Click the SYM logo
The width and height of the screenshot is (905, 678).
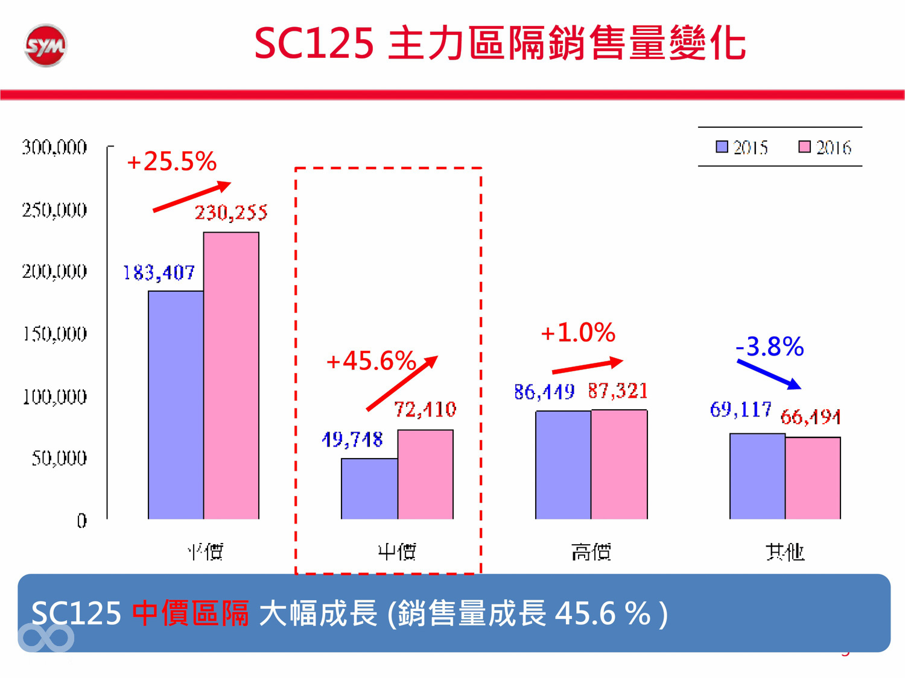[x=45, y=45]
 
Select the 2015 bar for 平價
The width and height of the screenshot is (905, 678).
[x=176, y=405]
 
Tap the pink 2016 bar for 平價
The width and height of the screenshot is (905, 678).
[x=231, y=375]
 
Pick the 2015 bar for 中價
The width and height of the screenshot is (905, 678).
[x=369, y=489]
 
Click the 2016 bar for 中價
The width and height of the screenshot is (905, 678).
[x=425, y=474]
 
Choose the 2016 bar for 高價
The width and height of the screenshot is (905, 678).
[x=619, y=464]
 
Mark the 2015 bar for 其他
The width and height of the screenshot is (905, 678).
[x=757, y=476]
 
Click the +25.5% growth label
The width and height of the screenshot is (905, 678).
[x=171, y=162]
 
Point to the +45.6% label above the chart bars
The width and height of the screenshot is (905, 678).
[x=370, y=361]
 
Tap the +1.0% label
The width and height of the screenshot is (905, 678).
[x=578, y=333]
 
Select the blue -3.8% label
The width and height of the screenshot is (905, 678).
[x=770, y=347]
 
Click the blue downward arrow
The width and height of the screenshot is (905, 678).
[x=769, y=374]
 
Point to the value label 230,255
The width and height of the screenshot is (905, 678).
[x=231, y=213]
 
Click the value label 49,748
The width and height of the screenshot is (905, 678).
[x=352, y=440]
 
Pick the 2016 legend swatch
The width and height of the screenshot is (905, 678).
[x=804, y=147]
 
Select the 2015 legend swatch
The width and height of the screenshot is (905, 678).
[x=722, y=147]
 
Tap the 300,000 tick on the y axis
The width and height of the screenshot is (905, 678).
[x=54, y=148]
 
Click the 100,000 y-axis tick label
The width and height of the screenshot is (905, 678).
[x=54, y=397]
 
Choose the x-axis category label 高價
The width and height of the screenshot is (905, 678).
[x=591, y=551]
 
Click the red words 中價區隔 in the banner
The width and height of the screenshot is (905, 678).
[x=190, y=614]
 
